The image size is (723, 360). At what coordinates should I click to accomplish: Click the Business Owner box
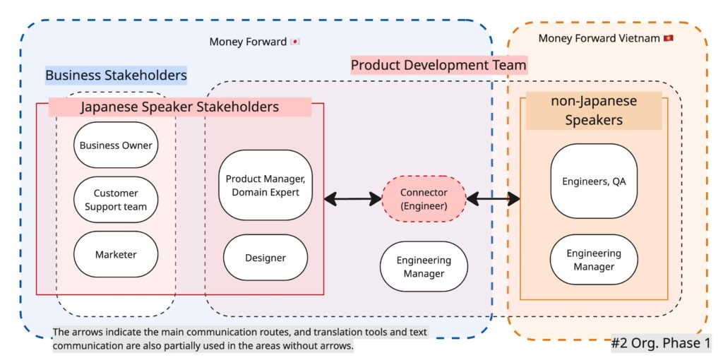click(x=116, y=145)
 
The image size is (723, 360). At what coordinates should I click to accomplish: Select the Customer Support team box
click(x=116, y=200)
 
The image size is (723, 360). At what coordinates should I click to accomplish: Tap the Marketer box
click(x=116, y=255)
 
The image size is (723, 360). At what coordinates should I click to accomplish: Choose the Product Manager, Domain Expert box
click(x=265, y=186)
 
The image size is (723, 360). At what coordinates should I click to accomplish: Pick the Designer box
click(x=265, y=258)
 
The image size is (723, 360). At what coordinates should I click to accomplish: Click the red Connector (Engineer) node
click(x=424, y=199)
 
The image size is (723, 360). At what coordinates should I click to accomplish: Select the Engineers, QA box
click(x=594, y=181)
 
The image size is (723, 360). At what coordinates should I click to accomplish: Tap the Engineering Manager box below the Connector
click(x=424, y=267)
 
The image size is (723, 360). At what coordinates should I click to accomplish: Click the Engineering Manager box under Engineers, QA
click(x=594, y=260)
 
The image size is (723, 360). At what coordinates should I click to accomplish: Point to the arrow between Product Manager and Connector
click(x=352, y=200)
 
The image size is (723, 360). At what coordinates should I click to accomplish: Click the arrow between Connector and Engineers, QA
click(x=494, y=200)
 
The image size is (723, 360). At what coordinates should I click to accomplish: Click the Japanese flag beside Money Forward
click(x=295, y=42)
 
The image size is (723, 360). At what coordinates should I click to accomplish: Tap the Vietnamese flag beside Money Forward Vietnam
click(x=668, y=38)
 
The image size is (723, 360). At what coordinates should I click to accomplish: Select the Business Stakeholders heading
click(x=116, y=75)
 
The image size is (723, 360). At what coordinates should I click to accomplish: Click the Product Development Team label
click(x=438, y=66)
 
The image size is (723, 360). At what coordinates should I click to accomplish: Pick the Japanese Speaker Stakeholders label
click(x=179, y=107)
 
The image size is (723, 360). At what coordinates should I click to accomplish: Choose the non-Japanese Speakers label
click(x=594, y=110)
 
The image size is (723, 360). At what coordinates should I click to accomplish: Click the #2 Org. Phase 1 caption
click(x=661, y=344)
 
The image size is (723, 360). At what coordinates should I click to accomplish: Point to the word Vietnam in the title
click(x=638, y=38)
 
